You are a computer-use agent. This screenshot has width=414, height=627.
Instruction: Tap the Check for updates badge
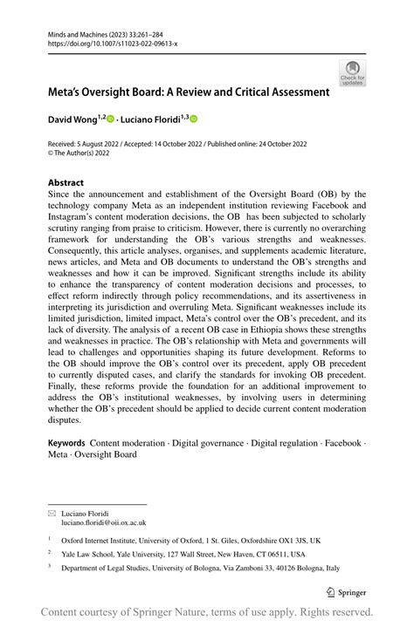pyautogui.click(x=353, y=73)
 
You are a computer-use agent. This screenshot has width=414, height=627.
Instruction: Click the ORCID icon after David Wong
pyautogui.click(x=110, y=119)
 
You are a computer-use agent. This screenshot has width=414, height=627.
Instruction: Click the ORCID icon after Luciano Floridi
pyautogui.click(x=194, y=119)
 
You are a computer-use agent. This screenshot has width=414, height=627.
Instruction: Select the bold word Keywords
pyautogui.click(x=66, y=443)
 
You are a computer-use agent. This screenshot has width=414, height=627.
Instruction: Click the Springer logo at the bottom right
pyautogui.click(x=348, y=592)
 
